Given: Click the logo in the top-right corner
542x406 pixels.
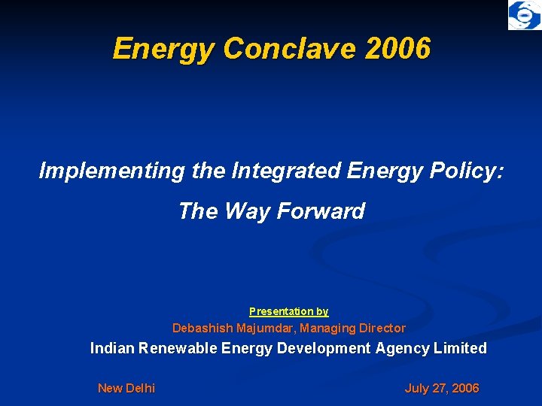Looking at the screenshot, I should click(x=524, y=16).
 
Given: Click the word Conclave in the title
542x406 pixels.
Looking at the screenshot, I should click(x=290, y=49).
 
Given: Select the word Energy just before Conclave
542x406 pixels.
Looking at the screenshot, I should click(x=164, y=49).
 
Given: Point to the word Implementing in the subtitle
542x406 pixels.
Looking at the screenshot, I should click(x=111, y=171).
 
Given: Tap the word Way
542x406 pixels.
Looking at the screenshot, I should click(x=248, y=211).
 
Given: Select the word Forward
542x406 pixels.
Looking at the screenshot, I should click(x=321, y=211).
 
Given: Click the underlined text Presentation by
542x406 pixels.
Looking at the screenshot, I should click(x=289, y=311).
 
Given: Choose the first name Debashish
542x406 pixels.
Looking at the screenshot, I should click(x=202, y=328).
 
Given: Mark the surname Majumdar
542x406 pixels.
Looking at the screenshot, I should click(x=266, y=328).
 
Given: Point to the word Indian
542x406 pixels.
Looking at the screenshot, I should click(x=112, y=348).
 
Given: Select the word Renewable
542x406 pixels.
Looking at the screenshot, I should click(x=179, y=348).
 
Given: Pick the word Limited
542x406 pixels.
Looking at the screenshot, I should click(x=464, y=348).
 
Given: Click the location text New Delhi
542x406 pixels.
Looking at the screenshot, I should click(x=126, y=388).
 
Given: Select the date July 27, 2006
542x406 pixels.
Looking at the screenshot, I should click(x=442, y=388).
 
